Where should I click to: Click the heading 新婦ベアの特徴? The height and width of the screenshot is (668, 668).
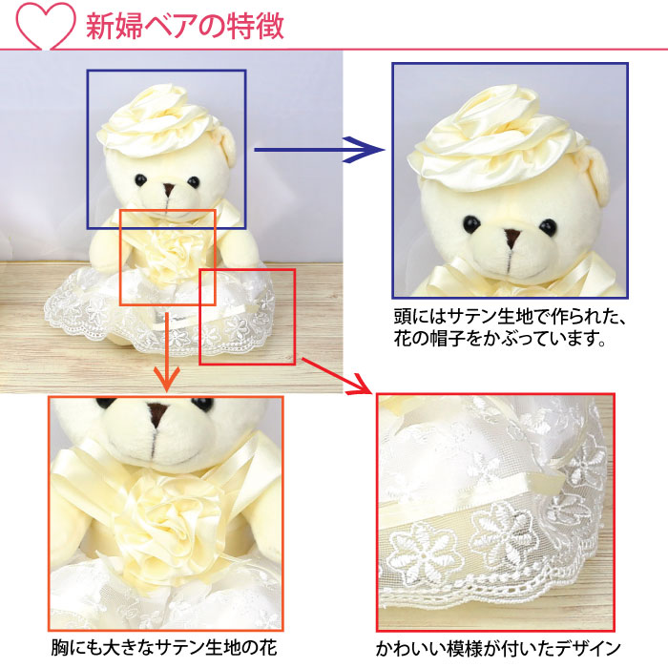pos(185,26)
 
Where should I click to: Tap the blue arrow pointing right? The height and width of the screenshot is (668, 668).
pos(320,150)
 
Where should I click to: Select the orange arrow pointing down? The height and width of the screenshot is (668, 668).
pos(167,352)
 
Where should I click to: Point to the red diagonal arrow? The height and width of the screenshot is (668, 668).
pos(337,376)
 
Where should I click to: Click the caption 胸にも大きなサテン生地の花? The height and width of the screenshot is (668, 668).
pos(164,648)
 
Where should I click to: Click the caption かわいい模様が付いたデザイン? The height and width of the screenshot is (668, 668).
pos(497,649)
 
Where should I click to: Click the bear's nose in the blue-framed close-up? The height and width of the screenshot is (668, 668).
pos(512,236)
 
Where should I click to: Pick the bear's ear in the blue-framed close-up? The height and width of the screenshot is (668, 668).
pos(593,173)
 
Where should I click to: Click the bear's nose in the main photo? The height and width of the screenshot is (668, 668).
pos(169,189)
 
